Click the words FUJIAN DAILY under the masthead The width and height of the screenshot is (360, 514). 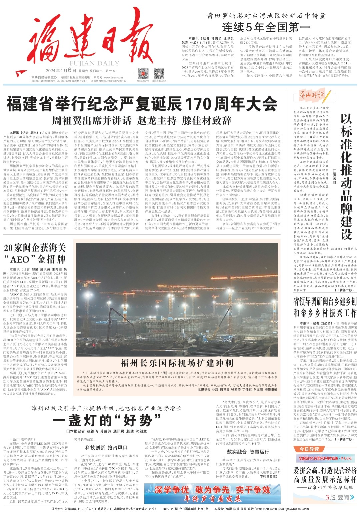90,63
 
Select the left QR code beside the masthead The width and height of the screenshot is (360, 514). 143,73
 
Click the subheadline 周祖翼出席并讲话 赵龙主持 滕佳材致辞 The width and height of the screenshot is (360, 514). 142,120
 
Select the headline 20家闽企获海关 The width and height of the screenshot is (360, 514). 35,248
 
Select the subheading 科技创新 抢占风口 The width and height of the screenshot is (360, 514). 106,447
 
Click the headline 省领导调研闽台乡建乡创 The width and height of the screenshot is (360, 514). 325,302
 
